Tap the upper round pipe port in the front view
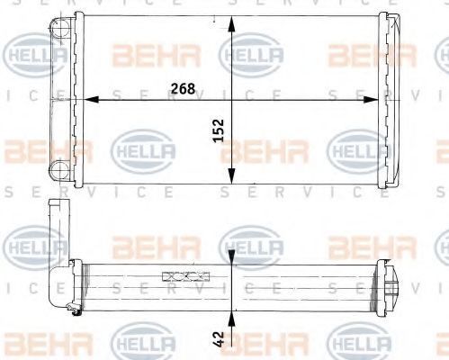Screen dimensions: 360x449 click(58, 31)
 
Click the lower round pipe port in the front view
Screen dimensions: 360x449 click(58, 167)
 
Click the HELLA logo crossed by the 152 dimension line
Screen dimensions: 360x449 click(251, 57)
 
